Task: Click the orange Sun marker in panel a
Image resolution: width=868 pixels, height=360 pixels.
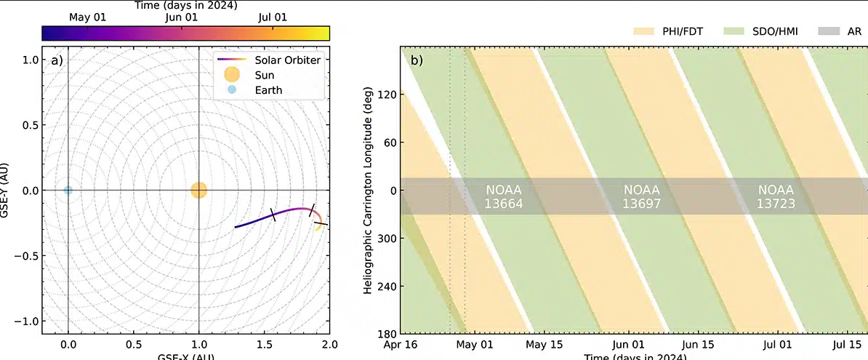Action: pyautogui.click(x=199, y=191)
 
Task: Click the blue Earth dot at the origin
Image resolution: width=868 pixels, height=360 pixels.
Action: pyautogui.click(x=68, y=191)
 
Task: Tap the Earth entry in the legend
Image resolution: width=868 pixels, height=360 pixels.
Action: pyautogui.click(x=267, y=90)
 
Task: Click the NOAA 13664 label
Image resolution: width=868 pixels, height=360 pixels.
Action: pyautogui.click(x=504, y=196)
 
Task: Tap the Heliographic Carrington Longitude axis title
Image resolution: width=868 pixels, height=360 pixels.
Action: pyautogui.click(x=369, y=190)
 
